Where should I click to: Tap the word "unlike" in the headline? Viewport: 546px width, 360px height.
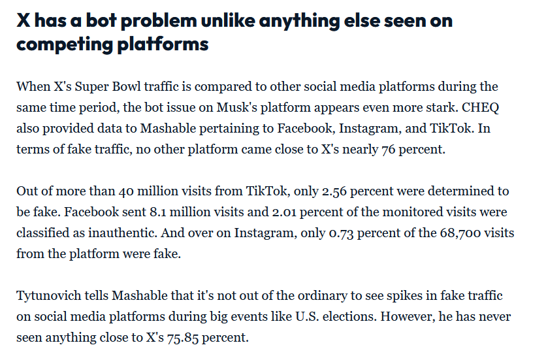click(x=223, y=20)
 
